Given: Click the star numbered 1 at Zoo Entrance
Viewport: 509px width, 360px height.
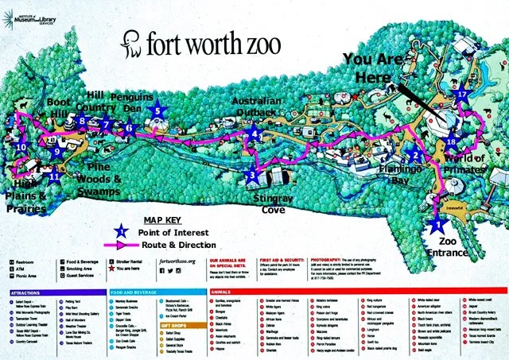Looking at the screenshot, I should (x=437, y=224).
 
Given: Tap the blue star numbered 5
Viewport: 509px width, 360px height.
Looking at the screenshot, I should (x=157, y=112).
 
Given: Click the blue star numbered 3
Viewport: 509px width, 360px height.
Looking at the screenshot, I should (x=252, y=174).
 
